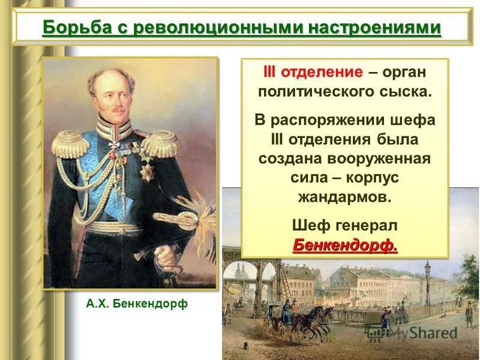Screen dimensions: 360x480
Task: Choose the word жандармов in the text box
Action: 344,197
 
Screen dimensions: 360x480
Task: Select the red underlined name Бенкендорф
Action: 344,245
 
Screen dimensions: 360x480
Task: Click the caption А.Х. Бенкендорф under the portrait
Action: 136,304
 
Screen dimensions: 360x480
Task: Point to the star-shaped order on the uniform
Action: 146,171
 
